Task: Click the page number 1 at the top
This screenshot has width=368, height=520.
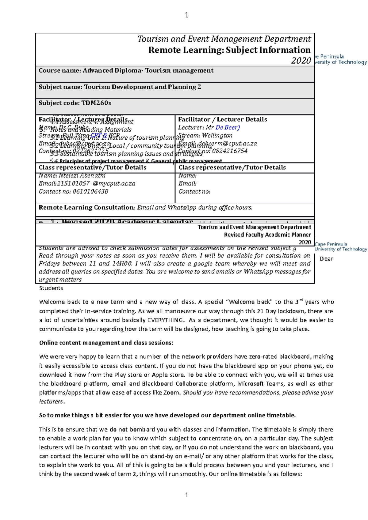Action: pos(186,15)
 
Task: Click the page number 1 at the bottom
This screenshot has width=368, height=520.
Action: pos(186,495)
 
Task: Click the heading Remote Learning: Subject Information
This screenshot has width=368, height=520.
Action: pos(229,50)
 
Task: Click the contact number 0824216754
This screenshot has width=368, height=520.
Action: pos(229,151)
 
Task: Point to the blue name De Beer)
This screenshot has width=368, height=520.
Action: pos(228,127)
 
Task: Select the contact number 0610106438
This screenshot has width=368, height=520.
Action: pos(90,191)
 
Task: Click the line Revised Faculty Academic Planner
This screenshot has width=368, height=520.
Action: pos(267,235)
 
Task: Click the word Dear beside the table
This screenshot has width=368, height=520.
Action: pos(326,259)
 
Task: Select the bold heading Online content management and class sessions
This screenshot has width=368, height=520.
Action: pos(106,343)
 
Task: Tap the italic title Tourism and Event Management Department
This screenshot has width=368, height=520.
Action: pos(224,39)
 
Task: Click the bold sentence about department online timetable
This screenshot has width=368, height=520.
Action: pos(167,415)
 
